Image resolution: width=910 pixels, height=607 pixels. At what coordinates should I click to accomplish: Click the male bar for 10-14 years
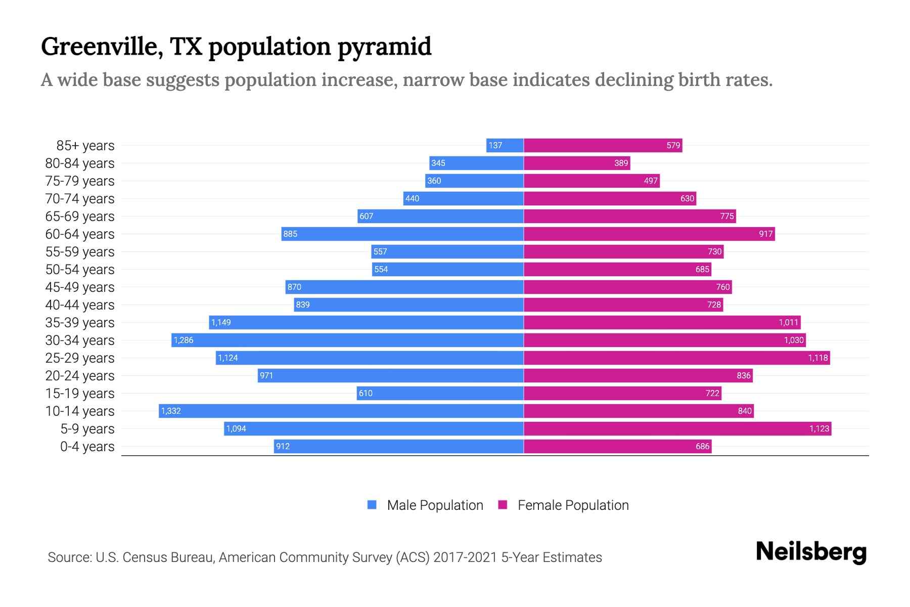pyautogui.click(x=341, y=411)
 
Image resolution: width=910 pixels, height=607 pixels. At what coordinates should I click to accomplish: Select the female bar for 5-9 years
pyautogui.click(x=677, y=428)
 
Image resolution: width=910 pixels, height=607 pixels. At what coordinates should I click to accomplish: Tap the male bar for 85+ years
pyautogui.click(x=505, y=145)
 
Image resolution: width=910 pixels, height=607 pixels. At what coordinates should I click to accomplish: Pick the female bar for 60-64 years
pyautogui.click(x=649, y=234)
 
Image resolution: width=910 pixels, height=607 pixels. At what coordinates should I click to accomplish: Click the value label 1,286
pyautogui.click(x=184, y=340)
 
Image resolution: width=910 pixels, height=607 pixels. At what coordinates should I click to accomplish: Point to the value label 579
pyautogui.click(x=673, y=145)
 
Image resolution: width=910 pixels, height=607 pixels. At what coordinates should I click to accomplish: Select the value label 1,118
pyautogui.click(x=817, y=358)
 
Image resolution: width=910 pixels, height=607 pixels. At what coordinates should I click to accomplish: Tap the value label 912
pyautogui.click(x=283, y=446)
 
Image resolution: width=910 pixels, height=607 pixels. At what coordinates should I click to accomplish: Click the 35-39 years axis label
pyautogui.click(x=80, y=322)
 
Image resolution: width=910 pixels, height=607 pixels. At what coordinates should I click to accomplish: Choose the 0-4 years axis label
pyautogui.click(x=87, y=446)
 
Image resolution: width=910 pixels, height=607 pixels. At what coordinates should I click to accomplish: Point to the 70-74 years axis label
pyautogui.click(x=80, y=198)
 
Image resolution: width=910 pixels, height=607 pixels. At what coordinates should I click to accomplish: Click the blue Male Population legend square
pyautogui.click(x=372, y=505)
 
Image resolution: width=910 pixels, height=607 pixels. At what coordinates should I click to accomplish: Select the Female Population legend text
pyautogui.click(x=573, y=505)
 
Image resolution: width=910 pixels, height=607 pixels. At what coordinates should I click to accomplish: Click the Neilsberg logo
pyautogui.click(x=811, y=551)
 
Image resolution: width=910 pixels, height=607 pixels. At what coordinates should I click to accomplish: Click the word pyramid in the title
pyautogui.click(x=384, y=47)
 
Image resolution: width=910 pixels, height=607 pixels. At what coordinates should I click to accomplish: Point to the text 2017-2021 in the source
pyautogui.click(x=465, y=557)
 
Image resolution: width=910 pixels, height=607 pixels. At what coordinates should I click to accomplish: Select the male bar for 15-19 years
pyautogui.click(x=440, y=393)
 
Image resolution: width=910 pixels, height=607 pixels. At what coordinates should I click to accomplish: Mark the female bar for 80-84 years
pyautogui.click(x=577, y=163)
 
